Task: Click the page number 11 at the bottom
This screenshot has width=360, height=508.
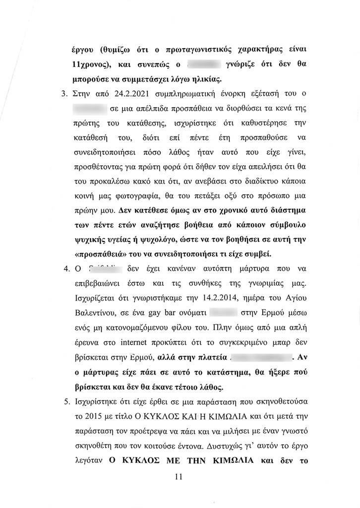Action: [180, 477]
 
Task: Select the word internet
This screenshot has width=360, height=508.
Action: [145, 342]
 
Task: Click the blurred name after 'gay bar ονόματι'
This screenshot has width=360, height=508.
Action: [227, 314]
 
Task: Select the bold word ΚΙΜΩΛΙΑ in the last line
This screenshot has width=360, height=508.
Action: [227, 459]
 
